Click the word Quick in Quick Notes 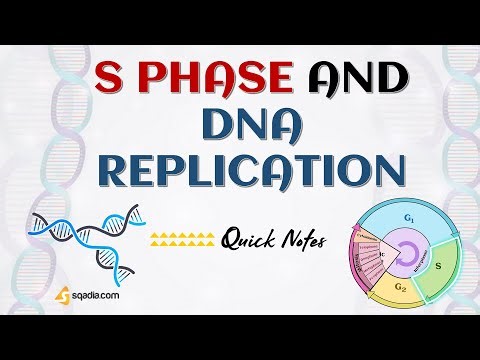coord(252,238)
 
